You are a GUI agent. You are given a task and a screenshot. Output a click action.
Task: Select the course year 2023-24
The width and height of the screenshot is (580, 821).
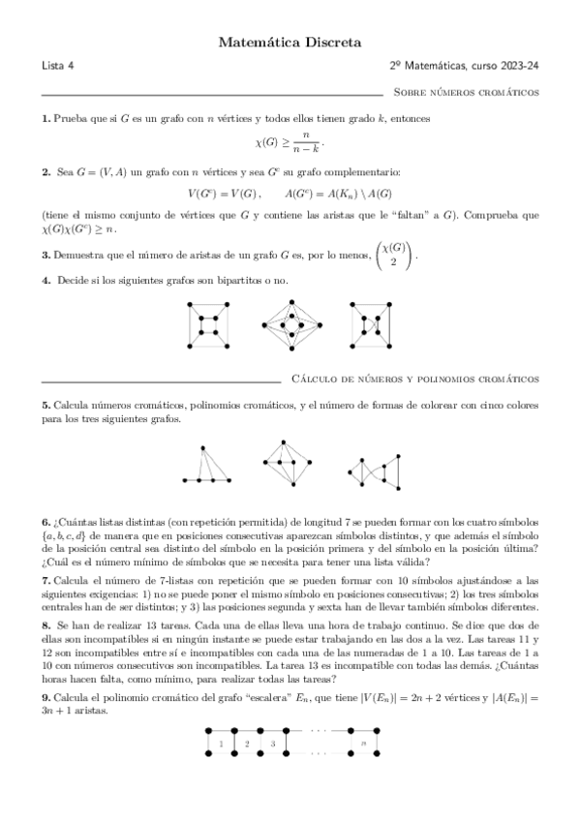click(520, 66)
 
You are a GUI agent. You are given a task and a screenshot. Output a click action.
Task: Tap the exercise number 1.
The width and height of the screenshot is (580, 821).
click(46, 118)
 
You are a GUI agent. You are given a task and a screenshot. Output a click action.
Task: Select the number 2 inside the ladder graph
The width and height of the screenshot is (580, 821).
click(246, 744)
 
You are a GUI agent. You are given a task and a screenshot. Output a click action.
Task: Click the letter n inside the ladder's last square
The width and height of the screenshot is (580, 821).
click(363, 744)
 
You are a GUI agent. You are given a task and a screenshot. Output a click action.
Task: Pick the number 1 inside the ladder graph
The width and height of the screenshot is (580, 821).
click(221, 744)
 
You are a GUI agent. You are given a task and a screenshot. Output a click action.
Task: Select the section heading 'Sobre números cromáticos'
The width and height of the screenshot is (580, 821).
click(467, 92)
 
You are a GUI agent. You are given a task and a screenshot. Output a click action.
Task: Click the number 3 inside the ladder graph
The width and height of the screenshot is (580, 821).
click(272, 744)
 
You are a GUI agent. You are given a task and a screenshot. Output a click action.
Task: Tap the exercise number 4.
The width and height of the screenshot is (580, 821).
click(46, 281)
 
